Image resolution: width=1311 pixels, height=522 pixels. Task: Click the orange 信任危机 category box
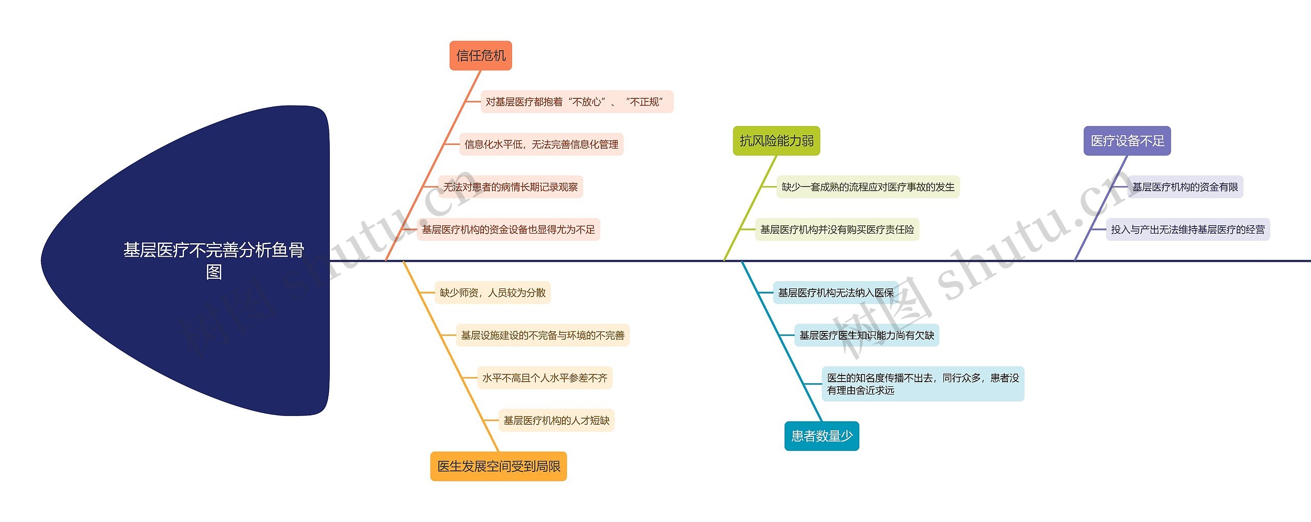(480, 55)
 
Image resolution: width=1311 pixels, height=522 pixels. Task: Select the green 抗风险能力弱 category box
(776, 140)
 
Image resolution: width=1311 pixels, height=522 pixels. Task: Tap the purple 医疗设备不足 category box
(1127, 140)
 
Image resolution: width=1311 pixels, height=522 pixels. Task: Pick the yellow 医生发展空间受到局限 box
(498, 466)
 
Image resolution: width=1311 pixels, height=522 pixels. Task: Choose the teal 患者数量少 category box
(821, 436)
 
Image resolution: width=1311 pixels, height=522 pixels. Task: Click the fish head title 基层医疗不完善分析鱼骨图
(214, 260)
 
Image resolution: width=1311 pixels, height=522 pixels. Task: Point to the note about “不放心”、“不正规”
(576, 102)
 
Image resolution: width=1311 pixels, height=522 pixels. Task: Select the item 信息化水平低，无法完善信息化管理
(541, 144)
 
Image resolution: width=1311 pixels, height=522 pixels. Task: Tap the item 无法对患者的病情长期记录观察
(510, 187)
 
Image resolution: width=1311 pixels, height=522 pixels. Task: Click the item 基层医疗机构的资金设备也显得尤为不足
(508, 229)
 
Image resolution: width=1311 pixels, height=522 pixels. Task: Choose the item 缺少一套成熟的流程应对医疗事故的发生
(868, 187)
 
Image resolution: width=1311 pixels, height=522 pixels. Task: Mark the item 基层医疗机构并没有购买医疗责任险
(837, 229)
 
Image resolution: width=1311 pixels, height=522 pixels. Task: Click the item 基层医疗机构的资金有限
(1185, 187)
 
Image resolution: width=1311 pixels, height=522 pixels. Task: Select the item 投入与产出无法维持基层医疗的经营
(1187, 229)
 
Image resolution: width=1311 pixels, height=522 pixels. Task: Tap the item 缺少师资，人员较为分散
(492, 293)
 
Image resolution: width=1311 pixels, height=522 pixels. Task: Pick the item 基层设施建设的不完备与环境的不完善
(542, 335)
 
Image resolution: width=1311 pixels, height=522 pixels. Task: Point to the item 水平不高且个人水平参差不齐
(544, 378)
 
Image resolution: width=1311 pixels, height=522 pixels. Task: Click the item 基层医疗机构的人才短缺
(556, 420)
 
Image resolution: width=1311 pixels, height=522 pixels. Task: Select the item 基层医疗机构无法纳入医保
(835, 293)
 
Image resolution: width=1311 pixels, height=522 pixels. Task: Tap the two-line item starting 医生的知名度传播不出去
(922, 384)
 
